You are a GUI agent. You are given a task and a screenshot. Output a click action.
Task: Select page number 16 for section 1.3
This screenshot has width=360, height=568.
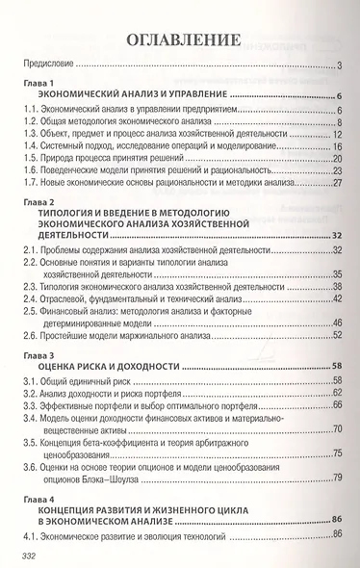(338, 136)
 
